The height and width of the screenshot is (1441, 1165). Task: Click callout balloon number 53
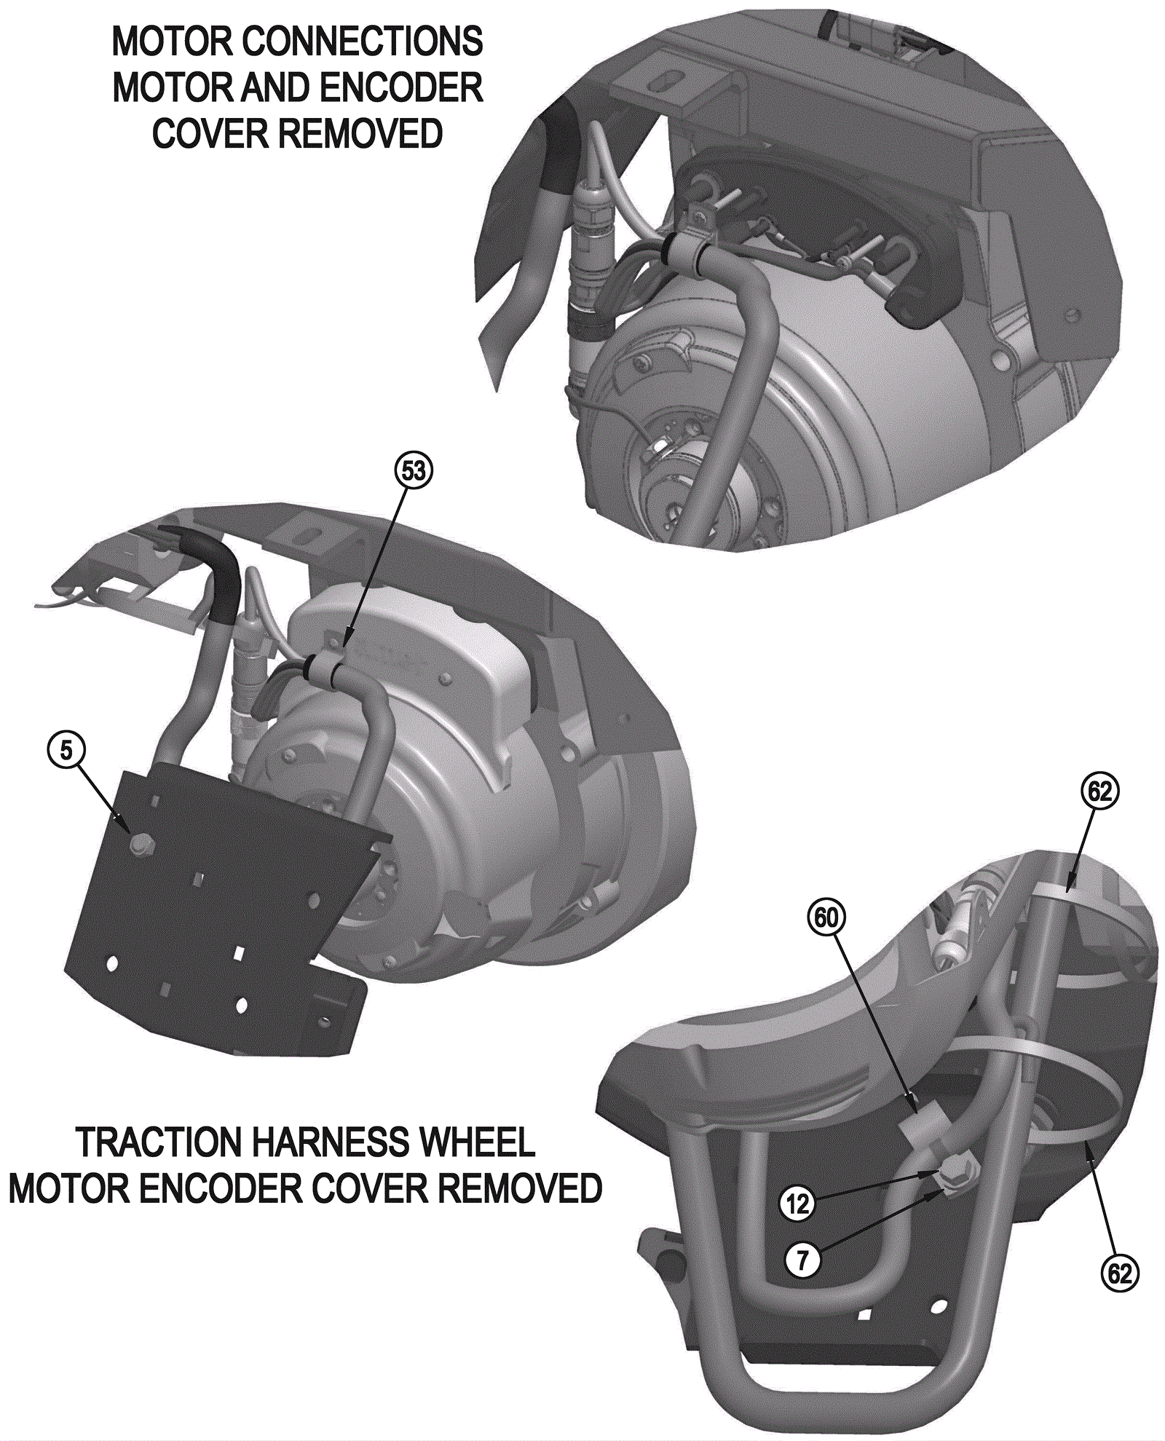click(x=413, y=471)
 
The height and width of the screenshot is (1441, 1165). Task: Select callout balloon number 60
click(x=826, y=918)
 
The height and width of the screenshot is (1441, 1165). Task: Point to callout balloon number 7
click(x=802, y=1259)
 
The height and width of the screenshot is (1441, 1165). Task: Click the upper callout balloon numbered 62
click(x=1100, y=791)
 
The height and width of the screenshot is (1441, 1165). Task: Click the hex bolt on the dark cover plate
click(x=140, y=843)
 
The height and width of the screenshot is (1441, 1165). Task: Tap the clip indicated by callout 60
click(x=923, y=1127)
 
